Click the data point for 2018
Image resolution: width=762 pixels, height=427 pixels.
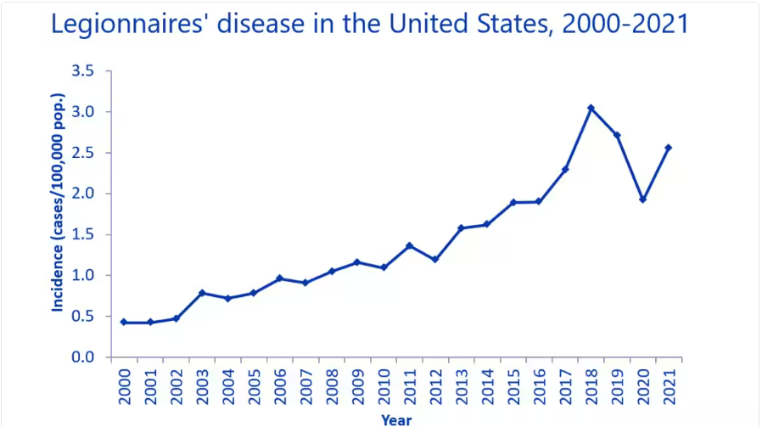click(591, 108)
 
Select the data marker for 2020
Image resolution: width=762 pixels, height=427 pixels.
click(642, 199)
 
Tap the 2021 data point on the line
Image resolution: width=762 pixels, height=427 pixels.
click(669, 148)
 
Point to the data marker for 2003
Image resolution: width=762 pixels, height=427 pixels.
click(202, 293)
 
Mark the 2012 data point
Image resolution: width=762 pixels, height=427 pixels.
click(435, 260)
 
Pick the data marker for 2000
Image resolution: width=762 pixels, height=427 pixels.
click(124, 323)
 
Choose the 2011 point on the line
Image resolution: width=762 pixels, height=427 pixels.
click(409, 245)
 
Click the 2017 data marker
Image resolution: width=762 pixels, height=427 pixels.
click(565, 170)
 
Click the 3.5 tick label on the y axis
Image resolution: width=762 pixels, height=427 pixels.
click(81, 71)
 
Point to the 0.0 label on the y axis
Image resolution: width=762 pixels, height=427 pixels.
click(81, 357)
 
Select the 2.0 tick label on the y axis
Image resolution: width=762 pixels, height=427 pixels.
click(81, 194)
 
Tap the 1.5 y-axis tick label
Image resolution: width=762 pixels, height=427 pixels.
click(81, 234)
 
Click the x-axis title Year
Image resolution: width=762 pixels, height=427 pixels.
click(396, 419)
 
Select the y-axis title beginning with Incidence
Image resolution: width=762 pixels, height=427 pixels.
click(58, 214)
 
